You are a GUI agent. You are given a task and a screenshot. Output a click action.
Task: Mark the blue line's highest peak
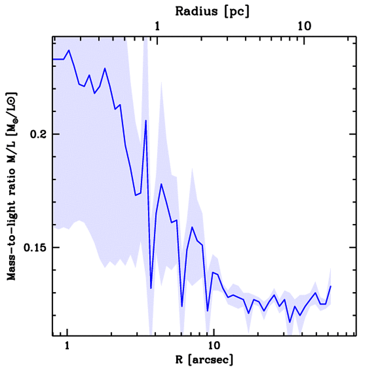click(69, 50)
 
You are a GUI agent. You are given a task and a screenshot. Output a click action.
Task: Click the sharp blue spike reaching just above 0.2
click(146, 120)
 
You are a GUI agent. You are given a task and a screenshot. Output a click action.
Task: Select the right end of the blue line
click(331, 286)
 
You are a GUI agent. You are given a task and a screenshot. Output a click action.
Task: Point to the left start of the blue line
click(54, 59)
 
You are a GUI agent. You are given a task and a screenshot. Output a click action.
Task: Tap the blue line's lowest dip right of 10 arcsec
click(290, 322)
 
